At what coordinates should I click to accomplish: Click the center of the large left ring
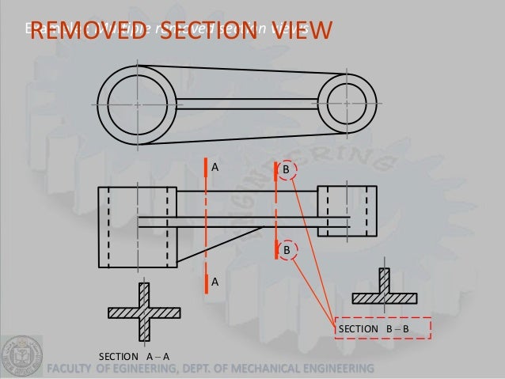click(x=137, y=104)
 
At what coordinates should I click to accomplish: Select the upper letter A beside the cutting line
click(x=214, y=167)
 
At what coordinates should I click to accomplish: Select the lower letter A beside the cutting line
click(x=214, y=281)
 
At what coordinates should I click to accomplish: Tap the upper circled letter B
click(x=287, y=169)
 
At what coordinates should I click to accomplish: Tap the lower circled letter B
click(x=287, y=249)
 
